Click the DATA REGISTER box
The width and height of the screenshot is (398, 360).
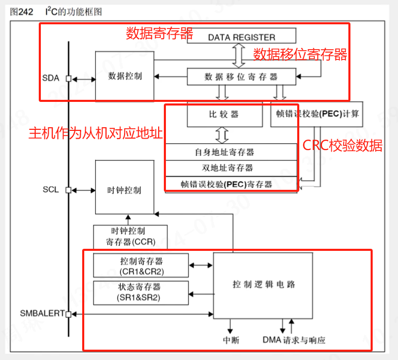pyautogui.click(x=241, y=37)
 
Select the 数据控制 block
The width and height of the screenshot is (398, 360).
pyautogui.click(x=125, y=76)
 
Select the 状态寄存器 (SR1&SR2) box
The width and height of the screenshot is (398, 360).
pyautogui.click(x=141, y=292)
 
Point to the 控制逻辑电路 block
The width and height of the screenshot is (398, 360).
pyautogui.click(x=264, y=284)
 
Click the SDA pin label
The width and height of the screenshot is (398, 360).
pyautogui.click(x=51, y=79)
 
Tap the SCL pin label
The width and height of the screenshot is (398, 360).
pyautogui.click(x=51, y=190)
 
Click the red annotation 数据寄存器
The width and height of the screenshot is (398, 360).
pyautogui.click(x=160, y=34)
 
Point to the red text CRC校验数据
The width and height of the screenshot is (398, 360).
pyautogui.click(x=342, y=146)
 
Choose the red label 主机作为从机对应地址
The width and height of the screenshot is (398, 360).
pyautogui.click(x=96, y=133)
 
